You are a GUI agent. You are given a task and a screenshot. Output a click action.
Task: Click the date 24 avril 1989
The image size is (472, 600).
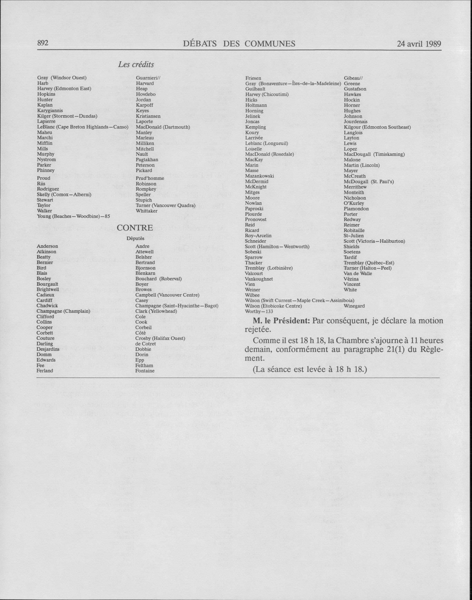click(419, 44)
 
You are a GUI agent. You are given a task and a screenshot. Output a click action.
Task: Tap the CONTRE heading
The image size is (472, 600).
click(135, 227)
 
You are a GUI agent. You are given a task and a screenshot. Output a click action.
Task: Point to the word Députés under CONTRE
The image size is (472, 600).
click(136, 238)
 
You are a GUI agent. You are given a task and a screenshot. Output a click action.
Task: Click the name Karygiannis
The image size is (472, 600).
click(50, 111)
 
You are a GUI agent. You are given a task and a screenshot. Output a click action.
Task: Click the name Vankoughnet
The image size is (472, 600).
click(259, 279)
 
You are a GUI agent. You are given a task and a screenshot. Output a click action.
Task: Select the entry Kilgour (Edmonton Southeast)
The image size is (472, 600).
click(377, 127)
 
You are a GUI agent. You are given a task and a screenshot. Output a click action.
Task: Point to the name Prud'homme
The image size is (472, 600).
click(150, 178)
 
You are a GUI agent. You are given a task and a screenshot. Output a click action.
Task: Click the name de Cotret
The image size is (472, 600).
click(146, 344)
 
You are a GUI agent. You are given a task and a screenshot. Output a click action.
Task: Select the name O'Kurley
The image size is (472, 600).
click(354, 203)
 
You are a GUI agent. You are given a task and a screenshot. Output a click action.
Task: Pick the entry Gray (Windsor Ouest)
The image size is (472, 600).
click(62, 78)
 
